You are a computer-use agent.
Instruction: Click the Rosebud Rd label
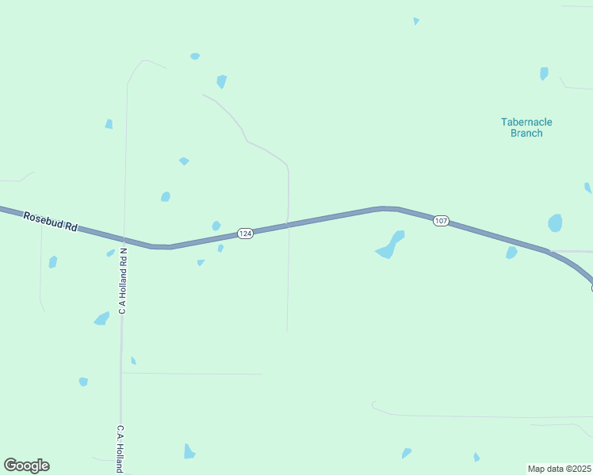tap(50, 222)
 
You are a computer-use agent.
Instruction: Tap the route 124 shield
tap(245, 234)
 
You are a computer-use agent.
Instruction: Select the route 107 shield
tap(442, 221)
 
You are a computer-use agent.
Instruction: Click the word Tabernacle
tap(526, 122)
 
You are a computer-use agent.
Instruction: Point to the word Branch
tap(526, 133)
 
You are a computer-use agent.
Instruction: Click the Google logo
tap(26, 465)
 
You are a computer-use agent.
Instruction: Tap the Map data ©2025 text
tap(559, 469)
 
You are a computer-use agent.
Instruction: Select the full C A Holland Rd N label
tap(123, 282)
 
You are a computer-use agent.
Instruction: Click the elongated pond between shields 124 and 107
tap(390, 245)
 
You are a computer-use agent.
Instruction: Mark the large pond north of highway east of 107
tap(555, 222)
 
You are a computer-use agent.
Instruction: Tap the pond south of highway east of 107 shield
tap(511, 253)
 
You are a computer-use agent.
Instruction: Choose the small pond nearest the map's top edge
tap(415, 21)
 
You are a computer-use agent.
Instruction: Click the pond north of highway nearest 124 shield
tap(216, 226)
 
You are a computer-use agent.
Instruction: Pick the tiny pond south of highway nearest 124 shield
tap(220, 249)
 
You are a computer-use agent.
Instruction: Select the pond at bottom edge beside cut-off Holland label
tap(189, 451)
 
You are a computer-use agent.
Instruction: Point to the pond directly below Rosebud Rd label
tap(53, 261)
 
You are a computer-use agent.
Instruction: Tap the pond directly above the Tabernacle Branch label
tap(544, 74)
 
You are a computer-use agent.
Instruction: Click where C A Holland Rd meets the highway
tap(124, 239)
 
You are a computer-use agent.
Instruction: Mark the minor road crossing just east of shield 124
tap(288, 225)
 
